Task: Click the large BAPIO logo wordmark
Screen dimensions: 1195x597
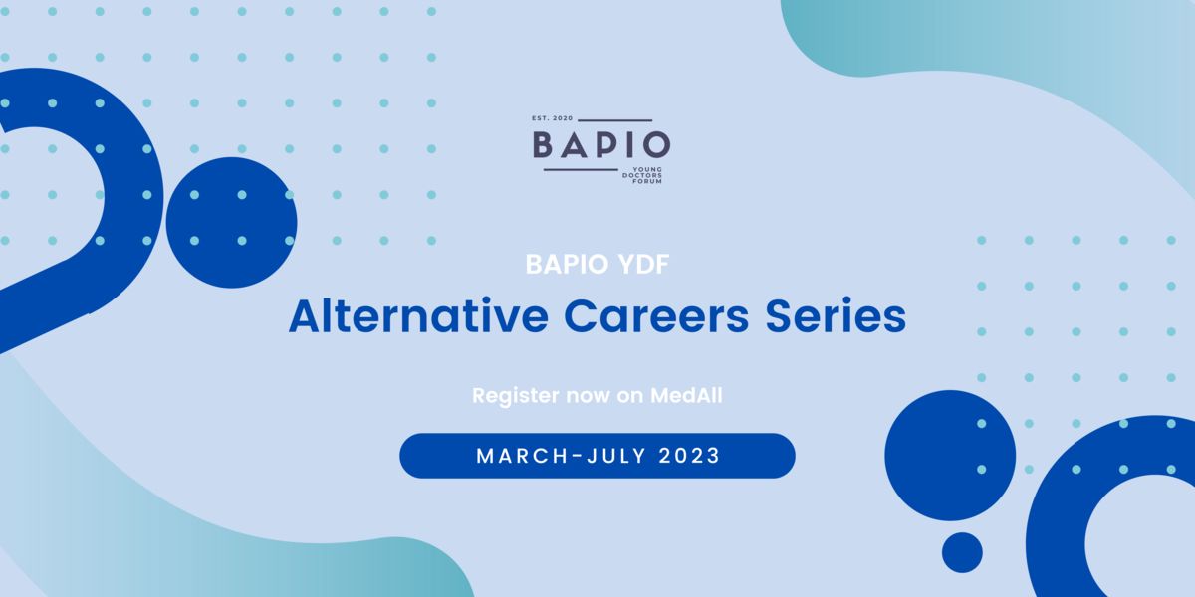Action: (601, 145)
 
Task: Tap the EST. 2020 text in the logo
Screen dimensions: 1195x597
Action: (552, 118)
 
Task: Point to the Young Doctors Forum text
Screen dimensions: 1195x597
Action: (642, 175)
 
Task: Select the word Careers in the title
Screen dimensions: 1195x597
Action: (656, 316)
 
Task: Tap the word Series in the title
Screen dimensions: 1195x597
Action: (836, 316)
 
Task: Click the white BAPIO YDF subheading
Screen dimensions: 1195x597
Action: (597, 264)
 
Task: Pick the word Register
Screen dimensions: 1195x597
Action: (516, 396)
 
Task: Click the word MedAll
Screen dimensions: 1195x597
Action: (686, 396)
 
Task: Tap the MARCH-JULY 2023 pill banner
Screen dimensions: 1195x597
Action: (597, 456)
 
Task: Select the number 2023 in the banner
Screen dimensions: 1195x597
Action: (689, 456)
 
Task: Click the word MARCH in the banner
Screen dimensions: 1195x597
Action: (522, 456)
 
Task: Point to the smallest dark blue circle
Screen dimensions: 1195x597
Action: (962, 552)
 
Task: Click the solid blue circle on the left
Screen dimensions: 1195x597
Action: (231, 222)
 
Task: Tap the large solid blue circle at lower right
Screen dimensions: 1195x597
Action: (950, 456)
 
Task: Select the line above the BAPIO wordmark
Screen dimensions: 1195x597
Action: (615, 120)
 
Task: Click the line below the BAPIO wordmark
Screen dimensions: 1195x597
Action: (581, 170)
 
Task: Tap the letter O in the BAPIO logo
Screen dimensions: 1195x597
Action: (655, 145)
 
